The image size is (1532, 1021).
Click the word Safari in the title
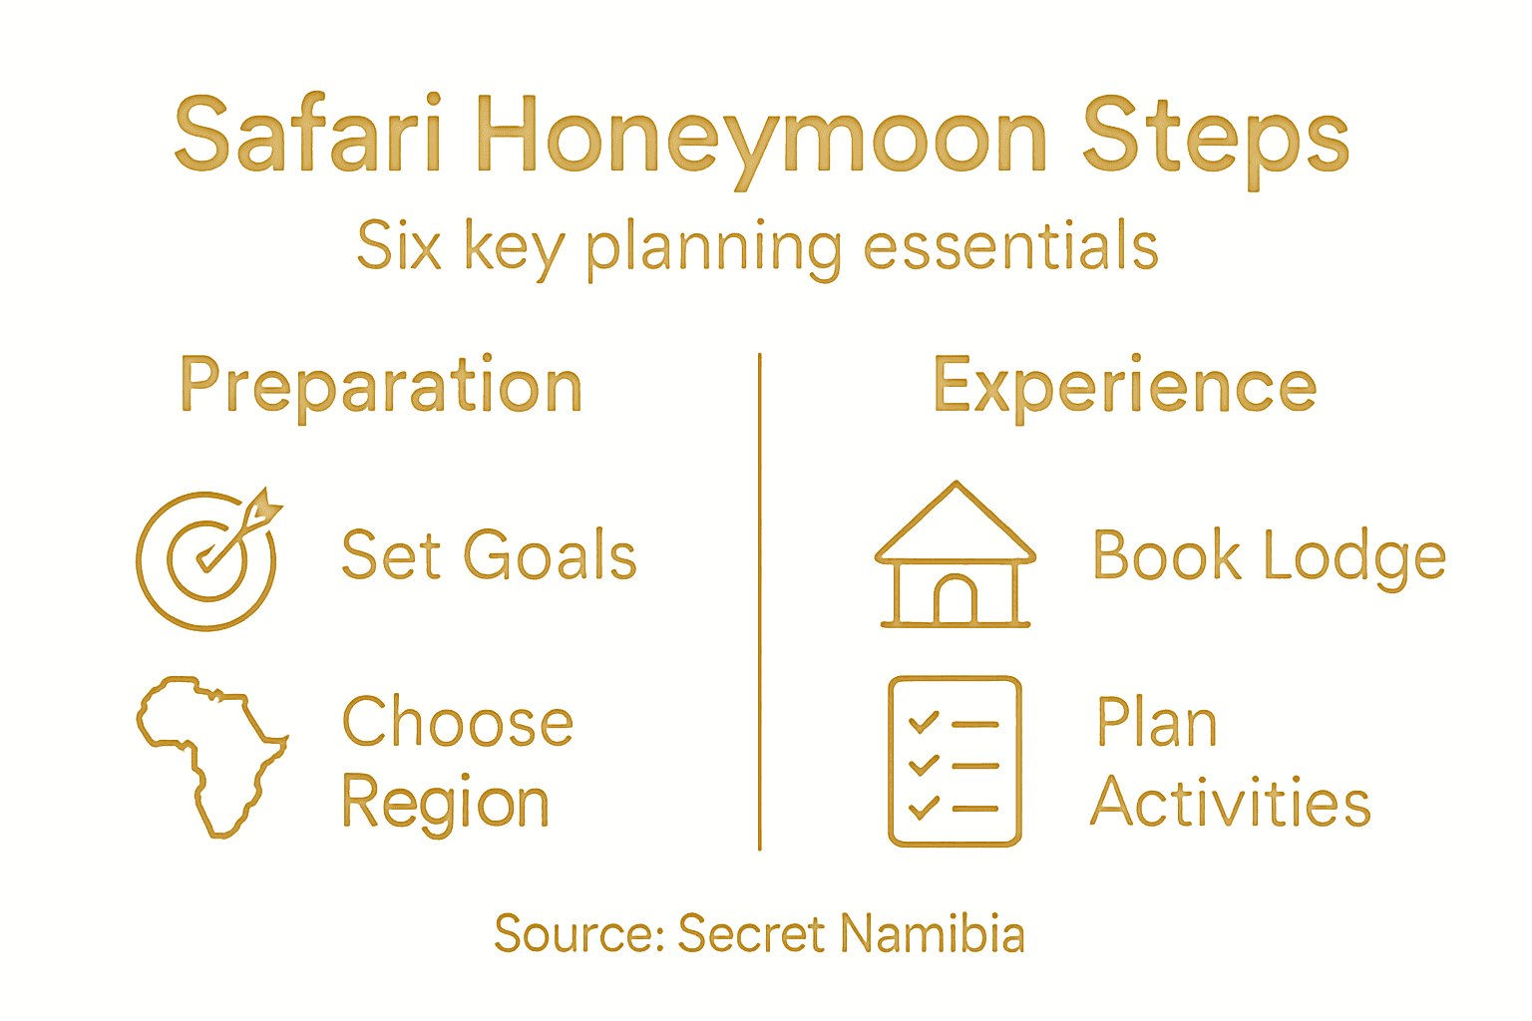tap(307, 135)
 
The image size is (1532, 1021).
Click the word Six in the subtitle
tap(399, 246)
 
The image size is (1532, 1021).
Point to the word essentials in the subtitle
tap(1009, 246)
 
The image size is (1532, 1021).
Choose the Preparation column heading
tap(381, 387)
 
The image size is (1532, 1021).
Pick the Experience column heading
tap(1124, 387)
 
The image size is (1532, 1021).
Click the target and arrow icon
tap(207, 559)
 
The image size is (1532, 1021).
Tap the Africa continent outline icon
tap(210, 754)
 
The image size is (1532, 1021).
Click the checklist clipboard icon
tap(955, 762)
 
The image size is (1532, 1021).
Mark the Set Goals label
tap(489, 555)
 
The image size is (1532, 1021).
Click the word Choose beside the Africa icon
tap(458, 722)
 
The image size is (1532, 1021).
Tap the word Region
tap(445, 804)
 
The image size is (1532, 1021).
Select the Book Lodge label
tap(1269, 555)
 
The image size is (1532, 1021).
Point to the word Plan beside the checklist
tap(1157, 722)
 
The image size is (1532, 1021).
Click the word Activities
tap(1231, 804)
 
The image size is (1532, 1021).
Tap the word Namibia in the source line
tap(932, 934)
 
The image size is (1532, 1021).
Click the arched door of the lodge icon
tap(955, 600)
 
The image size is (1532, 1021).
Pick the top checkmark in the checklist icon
tap(924, 722)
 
